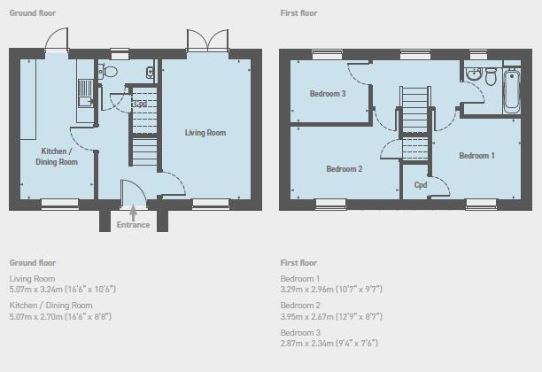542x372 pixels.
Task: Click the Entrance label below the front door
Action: coord(133,225)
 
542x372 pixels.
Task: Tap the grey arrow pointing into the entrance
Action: coord(133,213)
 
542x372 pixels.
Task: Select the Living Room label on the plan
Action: coord(205,133)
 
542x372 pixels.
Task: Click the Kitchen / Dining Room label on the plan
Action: coord(57,157)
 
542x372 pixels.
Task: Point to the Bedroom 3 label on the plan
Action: coord(328,94)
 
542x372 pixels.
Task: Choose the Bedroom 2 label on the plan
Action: coord(345,169)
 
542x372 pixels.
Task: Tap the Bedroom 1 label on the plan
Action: coord(476,156)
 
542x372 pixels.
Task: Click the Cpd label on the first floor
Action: coord(421,185)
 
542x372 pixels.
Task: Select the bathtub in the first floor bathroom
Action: coord(512,90)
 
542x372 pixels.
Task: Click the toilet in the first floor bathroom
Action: coord(491,76)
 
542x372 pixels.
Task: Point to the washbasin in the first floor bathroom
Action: coord(473,74)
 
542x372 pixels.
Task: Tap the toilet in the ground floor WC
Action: coord(108,71)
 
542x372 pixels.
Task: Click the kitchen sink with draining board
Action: coord(85,93)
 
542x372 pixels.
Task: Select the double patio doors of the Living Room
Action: coord(208,41)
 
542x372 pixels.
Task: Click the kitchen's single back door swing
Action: coord(57,39)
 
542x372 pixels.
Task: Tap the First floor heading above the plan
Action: coord(298,13)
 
